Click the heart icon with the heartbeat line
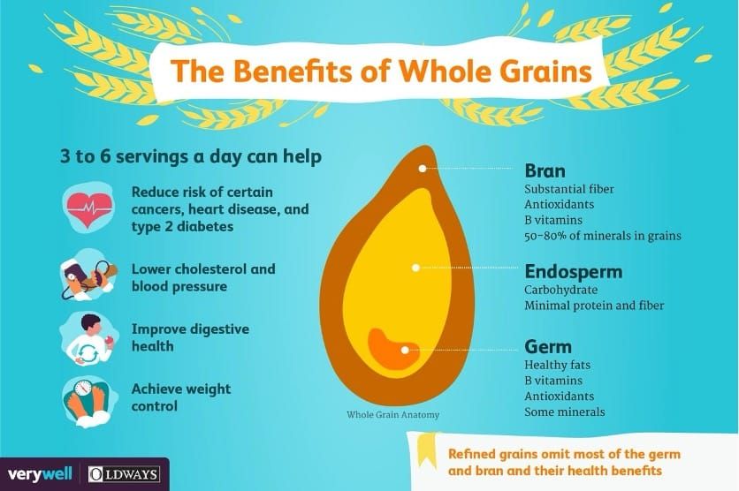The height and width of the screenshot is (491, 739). pyautogui.click(x=89, y=208)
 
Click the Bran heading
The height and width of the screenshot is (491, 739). pyautogui.click(x=545, y=170)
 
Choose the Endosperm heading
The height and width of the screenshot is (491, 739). pyautogui.click(x=574, y=272)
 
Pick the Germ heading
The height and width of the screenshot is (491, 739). pyautogui.click(x=548, y=346)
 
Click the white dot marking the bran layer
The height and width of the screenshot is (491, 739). pyautogui.click(x=423, y=168)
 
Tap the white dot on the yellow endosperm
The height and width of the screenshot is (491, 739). pyautogui.click(x=415, y=268)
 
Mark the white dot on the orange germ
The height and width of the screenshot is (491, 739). pyautogui.click(x=405, y=350)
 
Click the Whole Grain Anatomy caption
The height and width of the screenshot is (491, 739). pyautogui.click(x=393, y=415)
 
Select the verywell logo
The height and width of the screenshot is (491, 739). pyautogui.click(x=40, y=473)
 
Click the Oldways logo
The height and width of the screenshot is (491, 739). pyautogui.click(x=125, y=474)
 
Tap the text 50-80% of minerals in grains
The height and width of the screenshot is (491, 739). pyautogui.click(x=603, y=236)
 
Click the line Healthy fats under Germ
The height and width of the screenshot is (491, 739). pyautogui.click(x=557, y=365)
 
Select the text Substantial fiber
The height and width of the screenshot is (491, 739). pyautogui.click(x=569, y=189)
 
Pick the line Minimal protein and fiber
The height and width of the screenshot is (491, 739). pyautogui.click(x=594, y=306)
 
